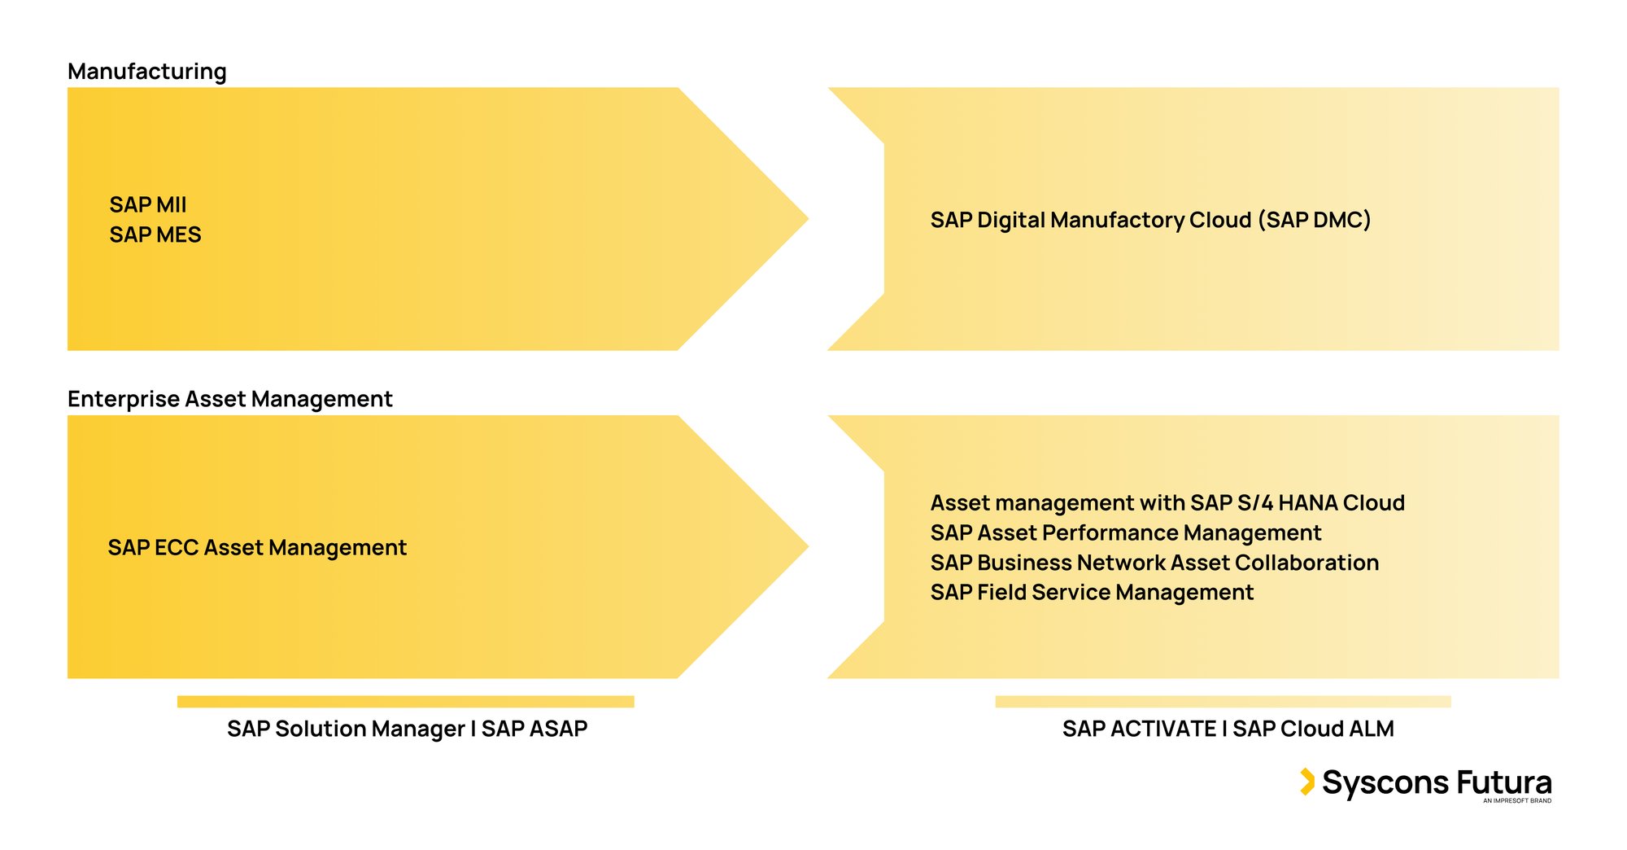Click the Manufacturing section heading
[147, 72]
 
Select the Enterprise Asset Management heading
[230, 399]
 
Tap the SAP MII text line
[148, 204]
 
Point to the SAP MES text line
[155, 234]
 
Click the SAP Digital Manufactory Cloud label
[1150, 220]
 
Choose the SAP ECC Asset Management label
[257, 547]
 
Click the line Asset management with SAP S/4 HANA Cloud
[1167, 502]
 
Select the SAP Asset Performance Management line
[1126, 532]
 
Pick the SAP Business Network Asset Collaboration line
[1154, 563]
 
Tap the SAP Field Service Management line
[1092, 592]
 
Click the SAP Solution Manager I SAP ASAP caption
[407, 729]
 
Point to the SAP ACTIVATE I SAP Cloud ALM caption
[1228, 729]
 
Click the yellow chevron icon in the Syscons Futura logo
[1306, 782]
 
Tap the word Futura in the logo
[1504, 782]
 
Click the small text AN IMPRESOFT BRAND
[1516, 801]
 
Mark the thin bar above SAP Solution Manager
[405, 702]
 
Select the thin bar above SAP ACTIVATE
[1223, 702]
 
